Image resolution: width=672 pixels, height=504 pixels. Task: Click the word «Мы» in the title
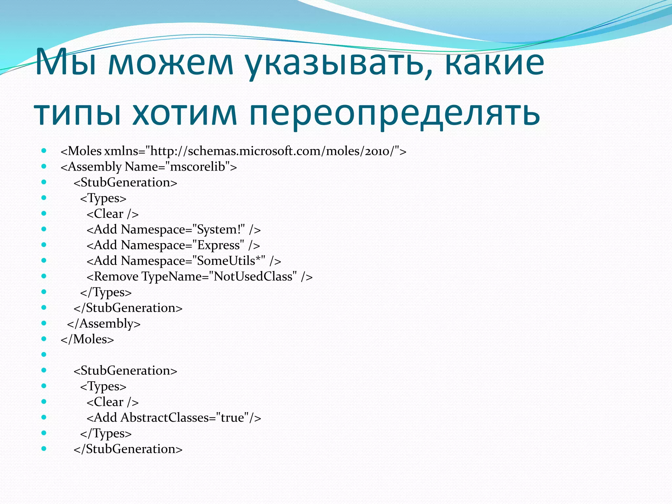point(66,62)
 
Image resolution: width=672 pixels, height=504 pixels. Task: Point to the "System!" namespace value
point(219,229)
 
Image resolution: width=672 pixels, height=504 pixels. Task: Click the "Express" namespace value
point(218,245)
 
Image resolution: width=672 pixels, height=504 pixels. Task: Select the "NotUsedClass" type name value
point(253,277)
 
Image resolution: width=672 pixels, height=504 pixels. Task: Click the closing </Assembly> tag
point(104,324)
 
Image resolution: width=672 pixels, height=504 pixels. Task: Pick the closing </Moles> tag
point(87,339)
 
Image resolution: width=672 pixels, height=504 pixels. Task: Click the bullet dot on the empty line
point(44,354)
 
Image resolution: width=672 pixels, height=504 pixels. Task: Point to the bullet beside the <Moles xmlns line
point(44,151)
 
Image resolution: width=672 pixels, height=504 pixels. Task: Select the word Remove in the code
point(116,277)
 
